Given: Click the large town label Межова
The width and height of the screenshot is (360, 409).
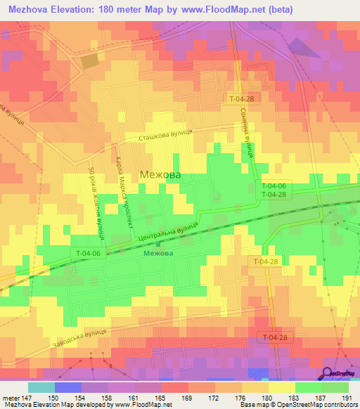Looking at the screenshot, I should [160, 174].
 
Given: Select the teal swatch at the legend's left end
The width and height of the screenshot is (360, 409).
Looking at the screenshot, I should [41, 387].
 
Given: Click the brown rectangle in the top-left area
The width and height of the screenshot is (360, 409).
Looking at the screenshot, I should [90, 61].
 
